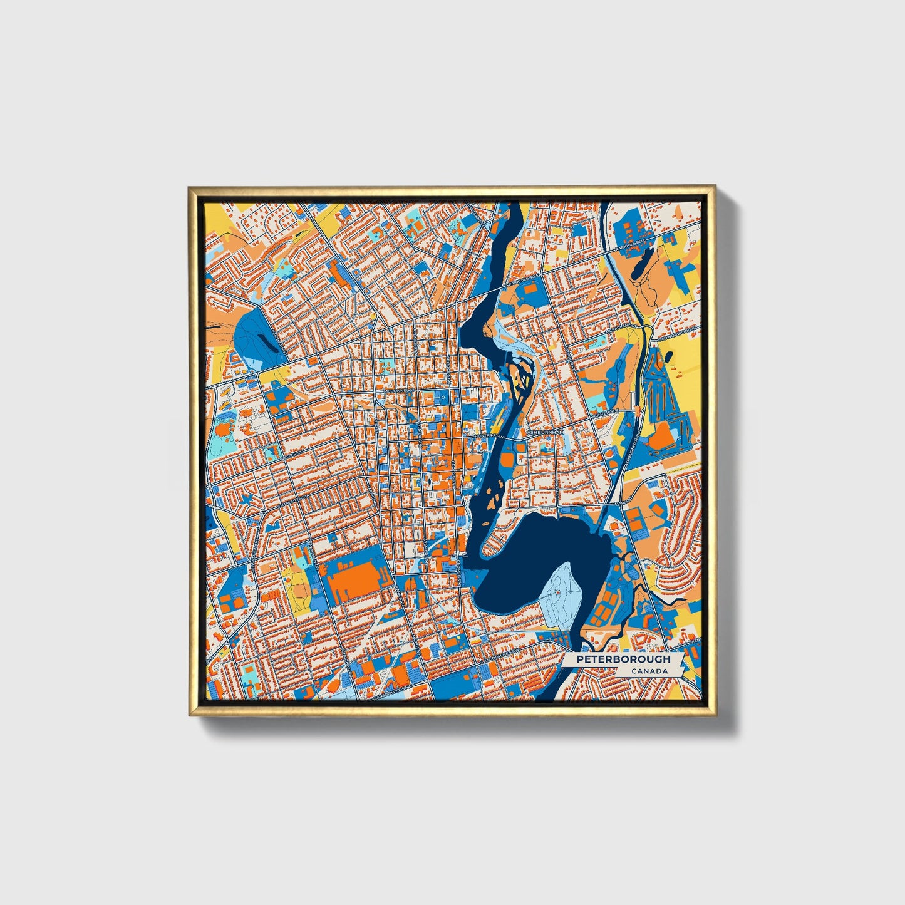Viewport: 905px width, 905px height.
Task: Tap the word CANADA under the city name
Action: [649, 671]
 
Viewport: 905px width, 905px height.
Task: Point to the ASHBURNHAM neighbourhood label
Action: [545, 433]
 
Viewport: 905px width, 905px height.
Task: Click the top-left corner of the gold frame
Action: [190, 187]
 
